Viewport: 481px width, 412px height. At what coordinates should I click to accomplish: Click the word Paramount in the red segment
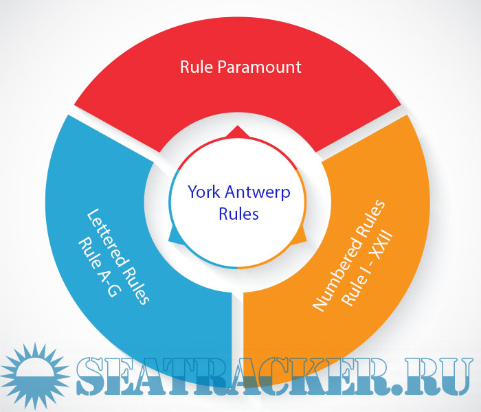(260, 67)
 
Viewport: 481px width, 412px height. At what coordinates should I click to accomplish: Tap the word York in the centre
(204, 192)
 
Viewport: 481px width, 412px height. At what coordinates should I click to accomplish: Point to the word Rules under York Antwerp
(238, 214)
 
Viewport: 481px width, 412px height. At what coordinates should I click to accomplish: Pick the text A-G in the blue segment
(107, 282)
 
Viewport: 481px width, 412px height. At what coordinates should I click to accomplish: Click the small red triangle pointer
(238, 131)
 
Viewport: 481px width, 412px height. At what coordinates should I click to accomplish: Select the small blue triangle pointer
(175, 236)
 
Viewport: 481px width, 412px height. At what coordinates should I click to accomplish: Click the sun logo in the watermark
(36, 376)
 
